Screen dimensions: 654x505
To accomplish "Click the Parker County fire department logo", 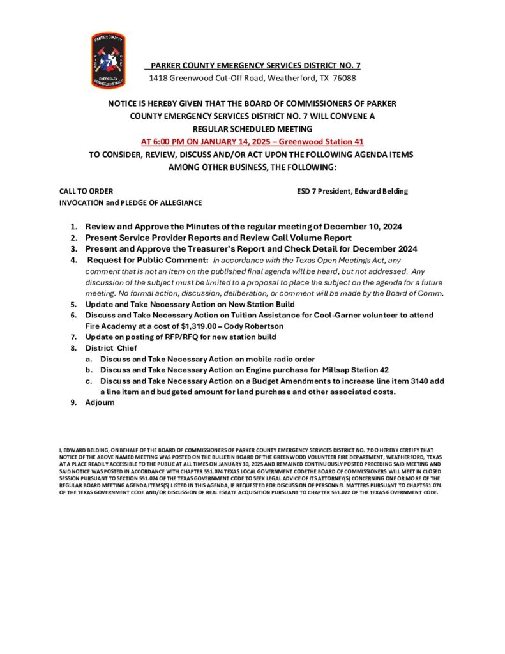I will pyautogui.click(x=109, y=60).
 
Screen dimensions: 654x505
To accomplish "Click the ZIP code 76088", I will pyautogui.click(x=344, y=78).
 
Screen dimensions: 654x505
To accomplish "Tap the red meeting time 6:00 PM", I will pyautogui.click(x=169, y=141).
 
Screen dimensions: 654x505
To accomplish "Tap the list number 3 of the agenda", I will pyautogui.click(x=73, y=249).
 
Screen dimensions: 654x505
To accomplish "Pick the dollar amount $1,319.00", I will pyautogui.click(x=203, y=326).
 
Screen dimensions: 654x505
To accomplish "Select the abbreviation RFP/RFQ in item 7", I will pyautogui.click(x=176, y=337).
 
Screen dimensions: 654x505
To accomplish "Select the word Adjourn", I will pyautogui.click(x=100, y=402).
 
